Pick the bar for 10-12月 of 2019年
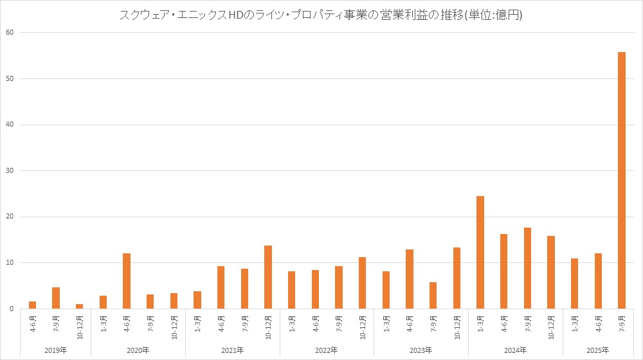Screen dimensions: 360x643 pyautogui.click(x=79, y=306)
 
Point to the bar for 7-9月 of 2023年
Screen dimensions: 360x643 pyautogui.click(x=433, y=295)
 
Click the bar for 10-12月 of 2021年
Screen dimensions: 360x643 pyautogui.click(x=267, y=277)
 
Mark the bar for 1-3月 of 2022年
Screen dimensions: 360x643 pyautogui.click(x=291, y=290)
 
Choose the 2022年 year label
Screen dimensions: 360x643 pyautogui.click(x=327, y=350)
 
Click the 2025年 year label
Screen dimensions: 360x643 pyautogui.click(x=597, y=350)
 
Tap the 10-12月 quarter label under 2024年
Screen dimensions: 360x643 pyautogui.click(x=551, y=327)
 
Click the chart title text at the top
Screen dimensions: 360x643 pyautogui.click(x=321, y=15)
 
